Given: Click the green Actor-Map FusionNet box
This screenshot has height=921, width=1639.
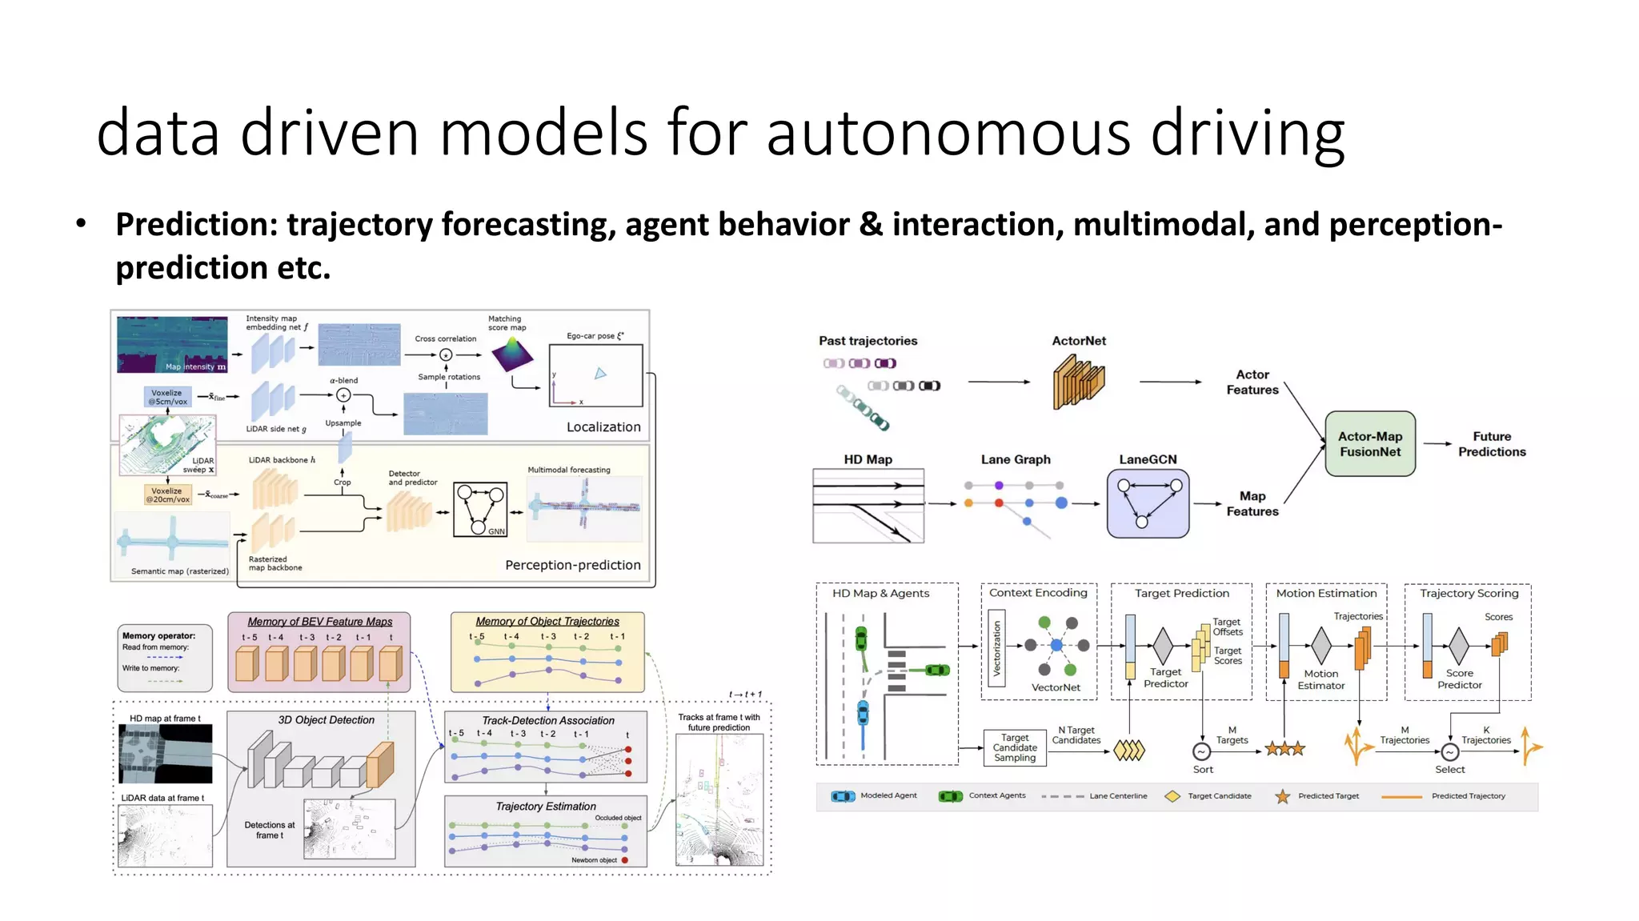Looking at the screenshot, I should click(1369, 444).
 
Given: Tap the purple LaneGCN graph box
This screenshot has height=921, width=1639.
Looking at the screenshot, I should click(1148, 503).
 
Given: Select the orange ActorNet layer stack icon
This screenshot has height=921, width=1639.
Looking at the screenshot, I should click(1079, 382).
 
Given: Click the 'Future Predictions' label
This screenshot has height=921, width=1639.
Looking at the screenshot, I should click(1491, 444).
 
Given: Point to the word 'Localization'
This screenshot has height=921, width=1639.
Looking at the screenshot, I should click(603, 427).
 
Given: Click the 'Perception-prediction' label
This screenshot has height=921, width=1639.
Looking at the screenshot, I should click(573, 565).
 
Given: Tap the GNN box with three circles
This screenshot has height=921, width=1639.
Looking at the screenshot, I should click(480, 509).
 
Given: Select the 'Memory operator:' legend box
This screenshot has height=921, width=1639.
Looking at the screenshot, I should click(165, 658).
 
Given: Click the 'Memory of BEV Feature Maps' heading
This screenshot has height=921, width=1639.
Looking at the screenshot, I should click(320, 622).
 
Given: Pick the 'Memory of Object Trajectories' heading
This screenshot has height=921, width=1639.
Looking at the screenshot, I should click(547, 622).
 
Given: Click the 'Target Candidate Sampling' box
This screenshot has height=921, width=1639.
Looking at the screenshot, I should click(1015, 748).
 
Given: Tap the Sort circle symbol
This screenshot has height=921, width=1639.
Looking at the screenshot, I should click(1201, 751).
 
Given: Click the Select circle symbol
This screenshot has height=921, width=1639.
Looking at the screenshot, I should click(1449, 751).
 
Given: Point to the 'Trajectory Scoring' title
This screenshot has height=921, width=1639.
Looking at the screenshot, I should click(1469, 594).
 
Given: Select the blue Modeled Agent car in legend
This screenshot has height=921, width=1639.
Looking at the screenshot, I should click(843, 796).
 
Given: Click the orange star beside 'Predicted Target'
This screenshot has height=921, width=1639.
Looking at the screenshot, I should click(1282, 796).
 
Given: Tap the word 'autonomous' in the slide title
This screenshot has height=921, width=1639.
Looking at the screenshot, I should click(948, 133).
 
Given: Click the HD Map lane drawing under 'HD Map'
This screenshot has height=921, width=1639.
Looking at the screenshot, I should click(868, 506).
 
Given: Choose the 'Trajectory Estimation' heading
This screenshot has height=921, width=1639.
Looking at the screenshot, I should click(546, 807).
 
